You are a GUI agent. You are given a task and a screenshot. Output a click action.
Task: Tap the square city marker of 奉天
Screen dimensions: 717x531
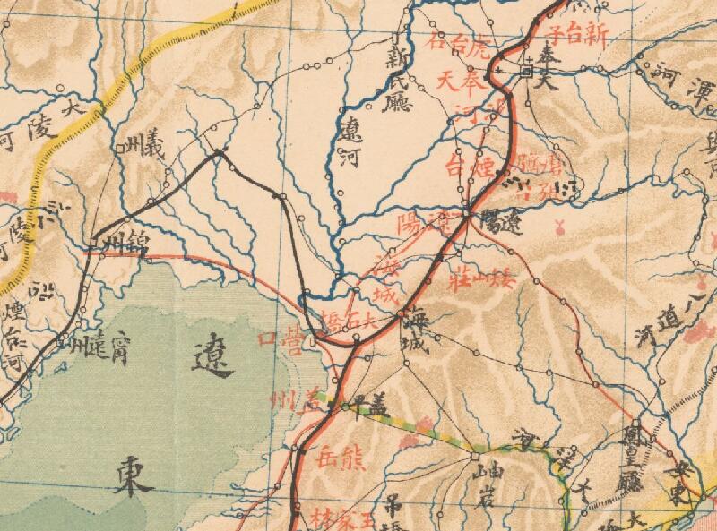tap(527, 70)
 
